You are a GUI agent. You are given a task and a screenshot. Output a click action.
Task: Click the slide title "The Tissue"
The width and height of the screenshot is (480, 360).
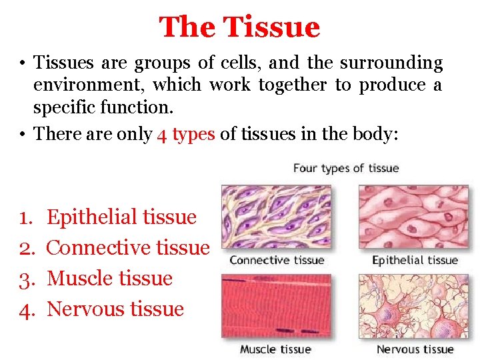tap(239, 27)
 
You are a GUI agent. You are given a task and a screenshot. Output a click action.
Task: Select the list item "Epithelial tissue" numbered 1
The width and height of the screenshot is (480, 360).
tap(122, 217)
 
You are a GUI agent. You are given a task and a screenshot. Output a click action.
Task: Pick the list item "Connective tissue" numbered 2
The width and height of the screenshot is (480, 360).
tap(128, 247)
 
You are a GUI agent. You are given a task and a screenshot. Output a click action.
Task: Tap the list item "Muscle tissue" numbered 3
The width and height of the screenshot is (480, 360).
tap(110, 278)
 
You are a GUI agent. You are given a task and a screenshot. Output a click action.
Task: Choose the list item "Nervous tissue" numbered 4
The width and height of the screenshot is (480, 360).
tap(115, 309)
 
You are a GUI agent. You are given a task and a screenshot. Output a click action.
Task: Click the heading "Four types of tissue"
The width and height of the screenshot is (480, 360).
tap(345, 167)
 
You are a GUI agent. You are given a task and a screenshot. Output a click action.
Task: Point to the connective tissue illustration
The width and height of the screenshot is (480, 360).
tap(276, 217)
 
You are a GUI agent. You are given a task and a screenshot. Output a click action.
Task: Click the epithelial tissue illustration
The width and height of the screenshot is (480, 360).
tap(414, 217)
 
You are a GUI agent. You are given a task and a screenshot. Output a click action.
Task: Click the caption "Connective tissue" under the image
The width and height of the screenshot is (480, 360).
tap(277, 260)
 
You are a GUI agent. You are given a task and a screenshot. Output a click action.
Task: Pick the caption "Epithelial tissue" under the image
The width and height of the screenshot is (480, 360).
tap(415, 260)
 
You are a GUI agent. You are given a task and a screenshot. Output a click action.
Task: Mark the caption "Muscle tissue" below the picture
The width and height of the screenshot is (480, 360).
tap(275, 349)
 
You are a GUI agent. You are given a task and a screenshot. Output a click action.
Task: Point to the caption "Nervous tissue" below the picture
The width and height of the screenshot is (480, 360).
tap(415, 349)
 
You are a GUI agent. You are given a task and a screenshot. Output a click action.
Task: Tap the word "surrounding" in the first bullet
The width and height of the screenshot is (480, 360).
tap(391, 63)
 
